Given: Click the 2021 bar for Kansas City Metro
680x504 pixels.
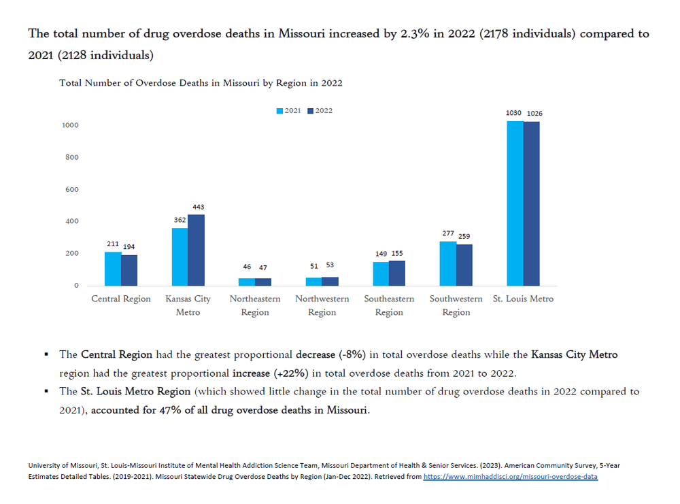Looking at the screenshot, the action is coord(180,257).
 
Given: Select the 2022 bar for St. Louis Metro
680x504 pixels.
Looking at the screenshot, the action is coord(531,204).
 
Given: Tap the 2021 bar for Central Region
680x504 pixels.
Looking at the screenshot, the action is coord(113,269).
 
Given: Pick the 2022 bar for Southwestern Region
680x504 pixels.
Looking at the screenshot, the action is coord(464,265).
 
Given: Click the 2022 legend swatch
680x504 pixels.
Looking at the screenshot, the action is coord(310,111).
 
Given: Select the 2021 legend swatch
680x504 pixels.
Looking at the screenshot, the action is coord(279,111).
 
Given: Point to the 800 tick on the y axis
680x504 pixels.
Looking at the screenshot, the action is coord(72,157).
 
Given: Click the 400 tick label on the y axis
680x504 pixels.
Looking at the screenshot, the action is coord(72,221).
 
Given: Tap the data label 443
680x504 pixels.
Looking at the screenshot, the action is coord(198,207).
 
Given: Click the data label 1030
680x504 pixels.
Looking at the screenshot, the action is coord(513,113).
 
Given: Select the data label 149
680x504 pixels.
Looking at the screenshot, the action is coord(381,254).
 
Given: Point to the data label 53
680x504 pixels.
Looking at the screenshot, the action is coord(330,265).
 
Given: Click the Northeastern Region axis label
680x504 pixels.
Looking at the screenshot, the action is coord(255,305).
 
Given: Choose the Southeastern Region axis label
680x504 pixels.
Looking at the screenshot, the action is coord(389,305).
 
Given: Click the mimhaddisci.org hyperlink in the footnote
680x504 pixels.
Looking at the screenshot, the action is coord(511,477).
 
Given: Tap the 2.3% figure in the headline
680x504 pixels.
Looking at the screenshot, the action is coord(415,33).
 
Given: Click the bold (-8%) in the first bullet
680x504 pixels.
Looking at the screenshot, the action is coord(352,354).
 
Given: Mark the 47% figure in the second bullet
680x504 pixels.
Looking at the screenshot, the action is coord(170,410).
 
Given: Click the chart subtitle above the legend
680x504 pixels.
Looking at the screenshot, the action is coord(201,83).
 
